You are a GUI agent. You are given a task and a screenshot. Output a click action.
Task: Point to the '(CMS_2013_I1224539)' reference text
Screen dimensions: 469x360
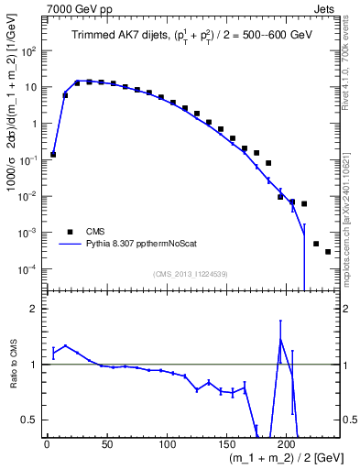coord(191,273)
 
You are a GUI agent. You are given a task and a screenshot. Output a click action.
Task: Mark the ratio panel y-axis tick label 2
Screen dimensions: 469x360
coord(36,309)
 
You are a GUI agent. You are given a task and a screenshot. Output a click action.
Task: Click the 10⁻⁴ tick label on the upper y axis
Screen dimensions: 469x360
coord(28,268)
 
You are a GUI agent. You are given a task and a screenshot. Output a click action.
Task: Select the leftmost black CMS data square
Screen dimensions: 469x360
coord(53,154)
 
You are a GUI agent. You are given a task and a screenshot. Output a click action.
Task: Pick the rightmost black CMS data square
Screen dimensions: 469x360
coord(328,252)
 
